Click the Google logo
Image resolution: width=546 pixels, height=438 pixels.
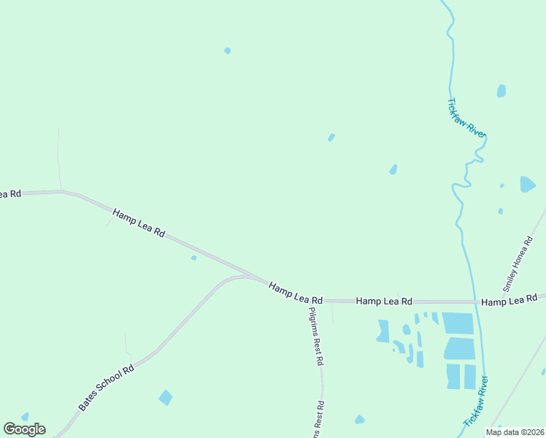click(x=24, y=429)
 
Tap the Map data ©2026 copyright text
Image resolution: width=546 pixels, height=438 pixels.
click(x=514, y=432)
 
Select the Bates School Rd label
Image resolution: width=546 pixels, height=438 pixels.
click(x=107, y=387)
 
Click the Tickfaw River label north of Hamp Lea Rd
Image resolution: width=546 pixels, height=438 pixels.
click(x=466, y=117)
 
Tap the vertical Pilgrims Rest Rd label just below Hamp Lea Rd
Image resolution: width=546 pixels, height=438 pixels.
click(x=315, y=336)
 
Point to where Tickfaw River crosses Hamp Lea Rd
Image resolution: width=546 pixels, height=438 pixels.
click(x=474, y=301)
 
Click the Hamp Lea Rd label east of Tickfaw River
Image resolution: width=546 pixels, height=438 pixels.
click(x=509, y=300)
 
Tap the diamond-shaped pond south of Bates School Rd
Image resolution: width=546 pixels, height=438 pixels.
click(x=166, y=397)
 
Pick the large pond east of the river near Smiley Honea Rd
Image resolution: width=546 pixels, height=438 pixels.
click(x=527, y=184)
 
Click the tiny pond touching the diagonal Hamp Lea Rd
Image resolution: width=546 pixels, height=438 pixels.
click(x=193, y=257)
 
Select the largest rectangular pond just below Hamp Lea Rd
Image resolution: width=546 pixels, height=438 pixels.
click(x=458, y=323)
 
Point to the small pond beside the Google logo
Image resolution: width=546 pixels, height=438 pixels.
click(x=25, y=416)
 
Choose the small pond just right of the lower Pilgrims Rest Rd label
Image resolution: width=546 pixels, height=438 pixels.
click(x=359, y=419)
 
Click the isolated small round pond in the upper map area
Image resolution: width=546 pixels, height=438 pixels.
click(x=228, y=50)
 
